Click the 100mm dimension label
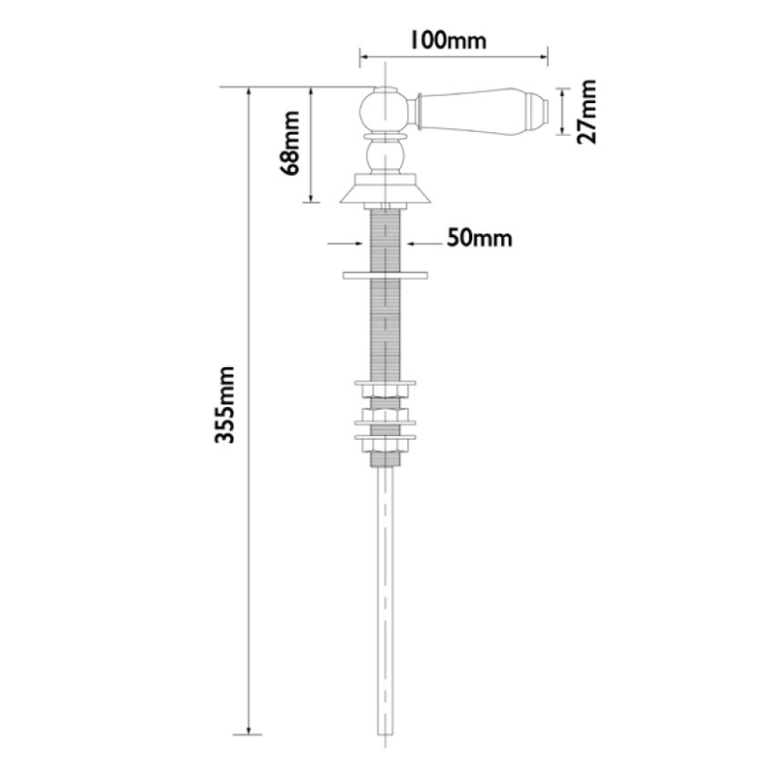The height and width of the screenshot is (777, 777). coord(447,40)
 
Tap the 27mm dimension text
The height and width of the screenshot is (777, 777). coord(587,113)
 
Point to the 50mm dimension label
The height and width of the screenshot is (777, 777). coord(480,238)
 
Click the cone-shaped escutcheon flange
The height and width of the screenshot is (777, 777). coord(387,191)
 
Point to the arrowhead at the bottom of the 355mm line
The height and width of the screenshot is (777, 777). coord(252,729)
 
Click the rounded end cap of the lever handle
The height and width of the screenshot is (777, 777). coord(539,112)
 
